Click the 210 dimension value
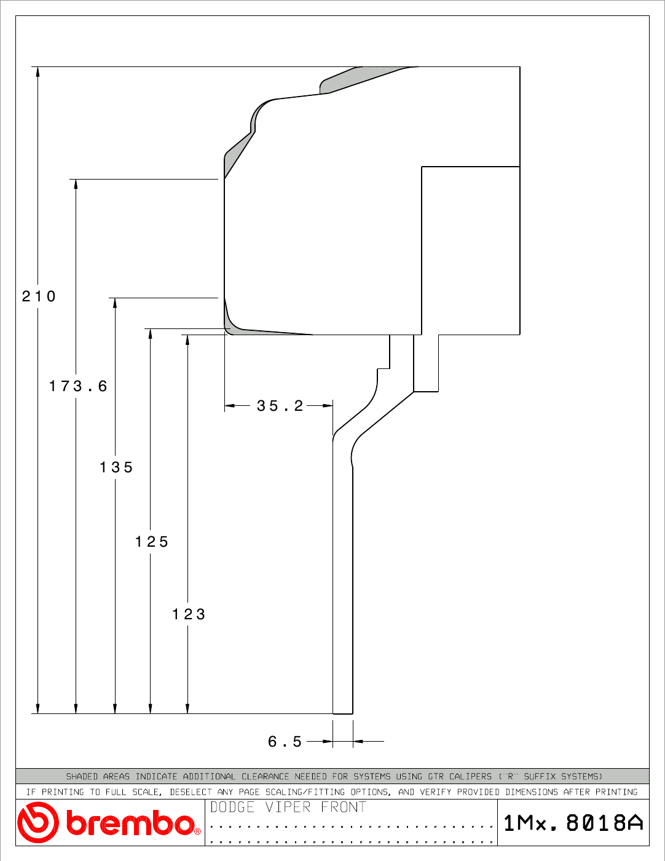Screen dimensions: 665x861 click(x=38, y=296)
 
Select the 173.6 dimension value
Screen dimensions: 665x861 click(x=78, y=386)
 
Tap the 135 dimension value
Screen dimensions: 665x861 click(x=116, y=467)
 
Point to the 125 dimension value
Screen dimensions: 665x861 click(x=152, y=542)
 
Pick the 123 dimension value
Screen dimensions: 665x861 click(x=189, y=614)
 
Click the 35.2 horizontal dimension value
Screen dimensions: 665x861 click(x=280, y=406)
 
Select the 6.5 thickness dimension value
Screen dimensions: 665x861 click(x=285, y=742)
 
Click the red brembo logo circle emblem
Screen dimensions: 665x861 click(x=37, y=822)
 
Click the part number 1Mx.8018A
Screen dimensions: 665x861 click(x=573, y=823)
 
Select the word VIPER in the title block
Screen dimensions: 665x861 click(x=288, y=807)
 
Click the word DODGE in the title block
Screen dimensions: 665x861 click(x=232, y=807)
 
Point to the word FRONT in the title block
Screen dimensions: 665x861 click(x=343, y=807)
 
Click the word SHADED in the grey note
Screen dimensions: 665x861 click(x=82, y=776)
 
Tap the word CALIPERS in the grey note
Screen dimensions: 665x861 click(x=470, y=776)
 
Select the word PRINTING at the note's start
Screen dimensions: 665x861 click(x=62, y=792)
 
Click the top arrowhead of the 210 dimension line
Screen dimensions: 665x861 click(x=38, y=71)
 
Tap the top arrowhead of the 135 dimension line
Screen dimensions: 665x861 click(x=115, y=303)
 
